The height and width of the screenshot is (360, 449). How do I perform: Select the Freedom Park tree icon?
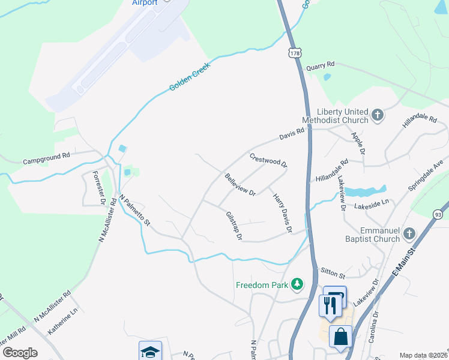[296, 284]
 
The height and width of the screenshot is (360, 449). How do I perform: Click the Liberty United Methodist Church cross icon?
[378, 115]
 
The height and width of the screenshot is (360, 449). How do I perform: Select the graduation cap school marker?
[150, 352]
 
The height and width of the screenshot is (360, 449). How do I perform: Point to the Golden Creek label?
[188, 79]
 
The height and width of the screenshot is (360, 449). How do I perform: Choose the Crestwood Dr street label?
[268, 160]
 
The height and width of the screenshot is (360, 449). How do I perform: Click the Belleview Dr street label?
[240, 185]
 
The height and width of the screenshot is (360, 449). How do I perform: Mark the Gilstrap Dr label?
[234, 226]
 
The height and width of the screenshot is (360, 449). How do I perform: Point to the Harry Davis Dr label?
[282, 213]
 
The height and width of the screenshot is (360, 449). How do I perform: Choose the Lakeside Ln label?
[372, 204]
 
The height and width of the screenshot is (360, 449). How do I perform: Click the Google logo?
[20, 352]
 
